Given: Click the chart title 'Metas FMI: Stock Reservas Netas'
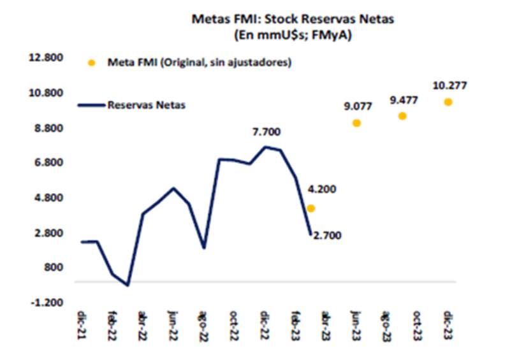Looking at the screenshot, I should [293, 19].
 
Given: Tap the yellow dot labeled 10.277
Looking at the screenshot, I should [448, 102].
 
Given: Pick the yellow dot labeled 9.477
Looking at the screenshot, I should [402, 116].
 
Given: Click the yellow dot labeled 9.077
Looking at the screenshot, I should [356, 123].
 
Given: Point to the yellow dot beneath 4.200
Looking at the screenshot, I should [310, 208].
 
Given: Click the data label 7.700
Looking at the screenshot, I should [266, 132].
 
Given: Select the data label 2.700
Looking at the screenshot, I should [328, 236].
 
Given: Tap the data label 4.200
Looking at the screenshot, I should [322, 189].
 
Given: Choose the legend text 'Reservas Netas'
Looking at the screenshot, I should [147, 105].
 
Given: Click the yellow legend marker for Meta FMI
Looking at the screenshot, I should [91, 63].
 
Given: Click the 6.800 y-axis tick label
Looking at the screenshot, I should [46, 163].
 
